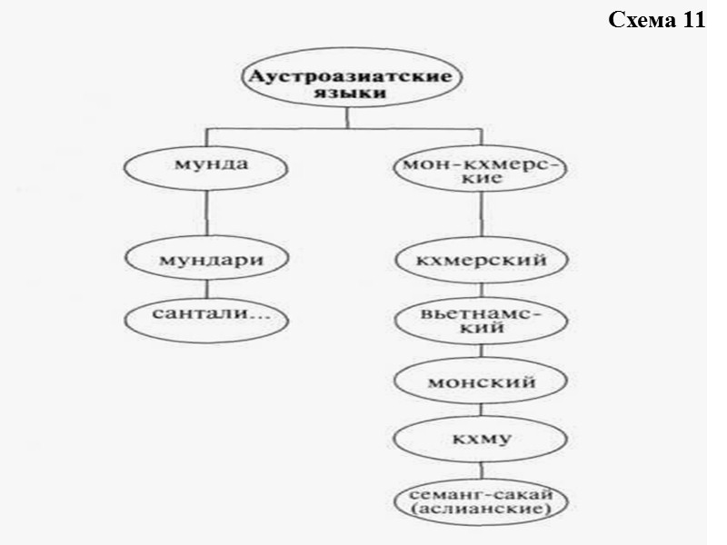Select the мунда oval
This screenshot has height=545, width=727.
tap(210, 168)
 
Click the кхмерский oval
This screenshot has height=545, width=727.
tap(481, 261)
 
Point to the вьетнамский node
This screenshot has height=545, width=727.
tap(481, 321)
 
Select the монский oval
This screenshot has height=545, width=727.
tap(481, 381)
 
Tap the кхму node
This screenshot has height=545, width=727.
tap(481, 441)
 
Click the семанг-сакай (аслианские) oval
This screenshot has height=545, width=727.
tap(481, 502)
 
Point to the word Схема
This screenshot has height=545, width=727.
tap(639, 21)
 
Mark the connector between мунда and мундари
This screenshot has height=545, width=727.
tap(210, 214)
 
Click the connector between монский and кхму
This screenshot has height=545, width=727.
tap(481, 411)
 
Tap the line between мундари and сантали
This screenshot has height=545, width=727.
tap(210, 289)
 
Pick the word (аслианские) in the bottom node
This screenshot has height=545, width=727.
tap(481, 512)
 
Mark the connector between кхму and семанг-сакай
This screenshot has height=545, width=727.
tap(481, 471)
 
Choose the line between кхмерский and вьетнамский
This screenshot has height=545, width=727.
tap(481, 291)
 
